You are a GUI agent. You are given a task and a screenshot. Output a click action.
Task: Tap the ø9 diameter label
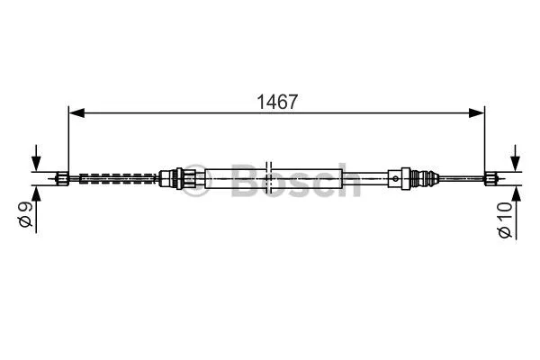pos(26,215)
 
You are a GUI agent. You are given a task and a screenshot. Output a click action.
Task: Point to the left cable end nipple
pos(62,177)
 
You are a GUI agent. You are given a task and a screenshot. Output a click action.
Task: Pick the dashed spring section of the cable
pos(117,177)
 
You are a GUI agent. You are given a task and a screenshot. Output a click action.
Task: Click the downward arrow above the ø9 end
pos(36,160)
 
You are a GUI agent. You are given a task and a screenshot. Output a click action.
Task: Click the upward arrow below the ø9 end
pos(36,194)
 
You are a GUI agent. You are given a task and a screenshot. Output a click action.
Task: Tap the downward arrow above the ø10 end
pos(515,159)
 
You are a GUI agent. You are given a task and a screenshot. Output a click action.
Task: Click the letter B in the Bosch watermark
pos(245,182)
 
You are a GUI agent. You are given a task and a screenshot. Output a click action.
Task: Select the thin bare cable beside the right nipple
pos(463,177)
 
